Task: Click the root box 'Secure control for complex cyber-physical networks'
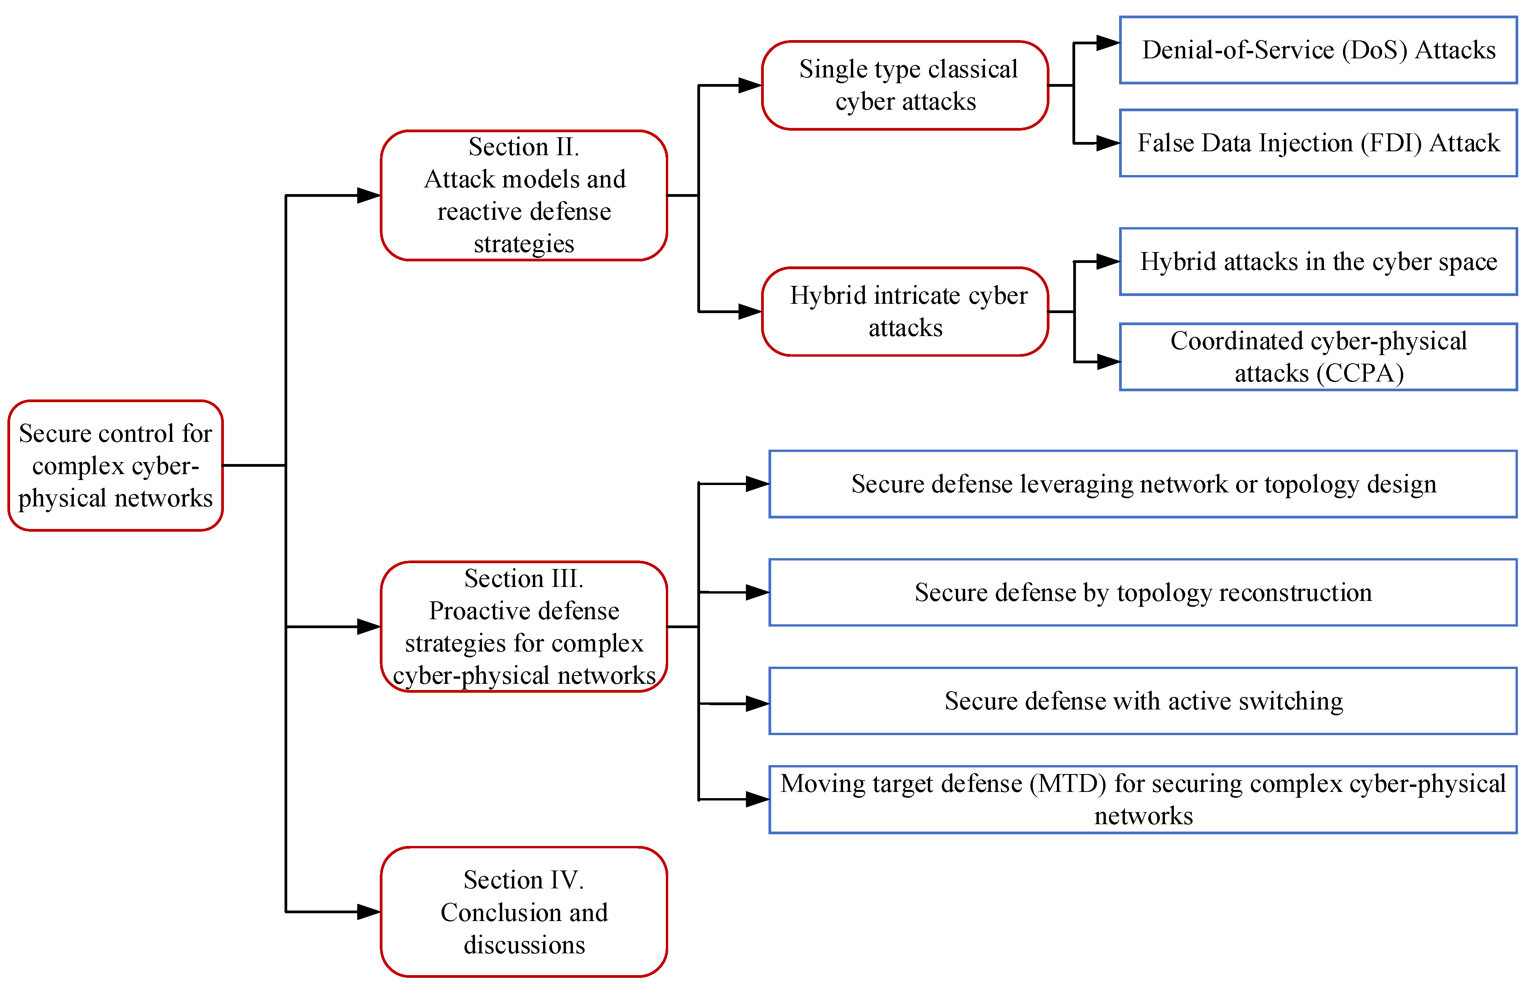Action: [x=115, y=466]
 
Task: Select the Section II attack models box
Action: [x=524, y=195]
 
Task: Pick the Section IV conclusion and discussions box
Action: [x=524, y=912]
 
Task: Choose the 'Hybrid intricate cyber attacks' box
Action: [x=905, y=312]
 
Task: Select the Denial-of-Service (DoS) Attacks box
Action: [x=1318, y=50]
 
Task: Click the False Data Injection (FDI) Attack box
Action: [x=1318, y=143]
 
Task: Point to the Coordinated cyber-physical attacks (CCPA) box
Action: [x=1318, y=357]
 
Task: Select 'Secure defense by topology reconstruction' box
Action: [x=1143, y=592]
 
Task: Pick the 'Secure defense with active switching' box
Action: [x=1143, y=701]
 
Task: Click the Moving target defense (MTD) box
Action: [x=1143, y=800]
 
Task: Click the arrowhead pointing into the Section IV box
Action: [x=369, y=912]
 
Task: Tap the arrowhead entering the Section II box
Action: [x=369, y=195]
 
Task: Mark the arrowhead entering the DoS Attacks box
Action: [x=1108, y=43]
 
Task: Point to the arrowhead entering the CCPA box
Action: [x=1109, y=362]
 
